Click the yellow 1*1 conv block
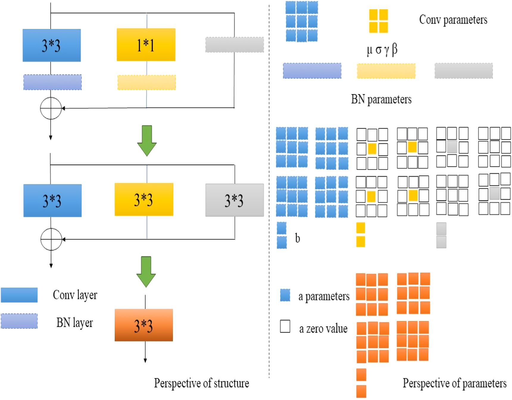tap(146, 45)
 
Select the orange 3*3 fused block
tap(144, 325)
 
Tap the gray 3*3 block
tap(235, 200)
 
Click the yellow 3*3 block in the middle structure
tap(144, 199)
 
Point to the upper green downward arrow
tap(147, 140)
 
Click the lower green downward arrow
tap(146, 271)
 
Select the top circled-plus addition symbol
tap(51, 108)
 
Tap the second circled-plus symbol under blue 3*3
tap(51, 239)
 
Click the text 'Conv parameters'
tap(453, 20)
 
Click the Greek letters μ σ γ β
tap(382, 50)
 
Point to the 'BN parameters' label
tap(381, 99)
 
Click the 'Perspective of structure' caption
tap(201, 383)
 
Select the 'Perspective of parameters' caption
tap(454, 383)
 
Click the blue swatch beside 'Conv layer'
tap(19, 295)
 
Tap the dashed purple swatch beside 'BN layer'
tap(19, 321)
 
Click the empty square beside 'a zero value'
tap(285, 326)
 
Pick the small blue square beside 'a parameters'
tap(285, 295)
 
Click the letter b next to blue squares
tap(297, 238)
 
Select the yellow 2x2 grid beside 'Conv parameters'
tap(378, 21)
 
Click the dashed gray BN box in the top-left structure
tap(235, 45)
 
